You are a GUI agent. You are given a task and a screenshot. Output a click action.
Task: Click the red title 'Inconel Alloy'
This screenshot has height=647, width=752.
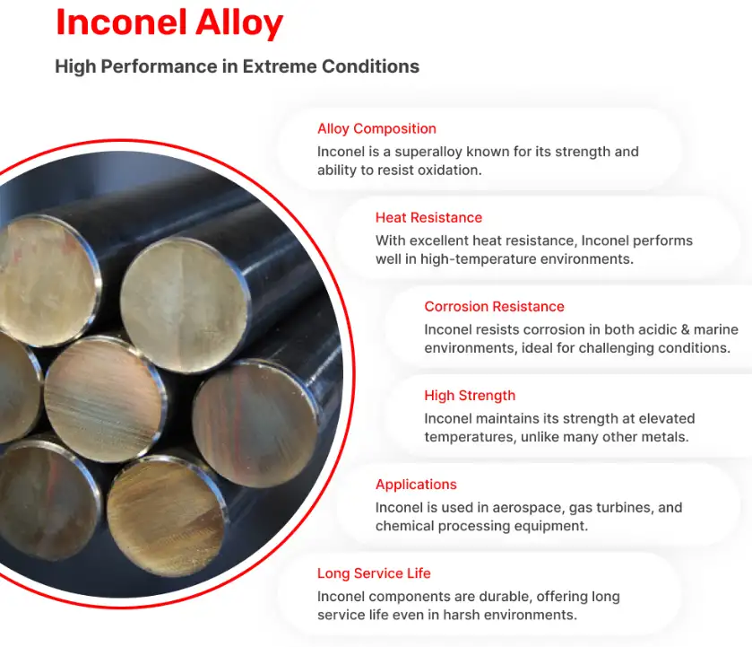(169, 22)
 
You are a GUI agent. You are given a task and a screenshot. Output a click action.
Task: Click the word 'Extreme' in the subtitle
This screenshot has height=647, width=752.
(278, 66)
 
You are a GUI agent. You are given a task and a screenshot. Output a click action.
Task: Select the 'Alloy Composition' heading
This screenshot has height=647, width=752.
(376, 128)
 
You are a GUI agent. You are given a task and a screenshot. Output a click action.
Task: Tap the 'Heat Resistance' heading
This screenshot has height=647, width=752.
(428, 217)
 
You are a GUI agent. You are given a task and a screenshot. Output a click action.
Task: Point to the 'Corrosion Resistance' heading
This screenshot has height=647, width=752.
(494, 306)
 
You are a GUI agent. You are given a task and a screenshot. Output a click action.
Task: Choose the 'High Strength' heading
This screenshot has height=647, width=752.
(470, 396)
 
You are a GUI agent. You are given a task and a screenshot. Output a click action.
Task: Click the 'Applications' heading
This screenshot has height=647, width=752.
(416, 485)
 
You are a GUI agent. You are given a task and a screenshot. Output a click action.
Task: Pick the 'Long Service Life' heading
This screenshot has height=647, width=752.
(374, 573)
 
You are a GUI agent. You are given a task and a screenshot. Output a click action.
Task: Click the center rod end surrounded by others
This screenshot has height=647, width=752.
(105, 398)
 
